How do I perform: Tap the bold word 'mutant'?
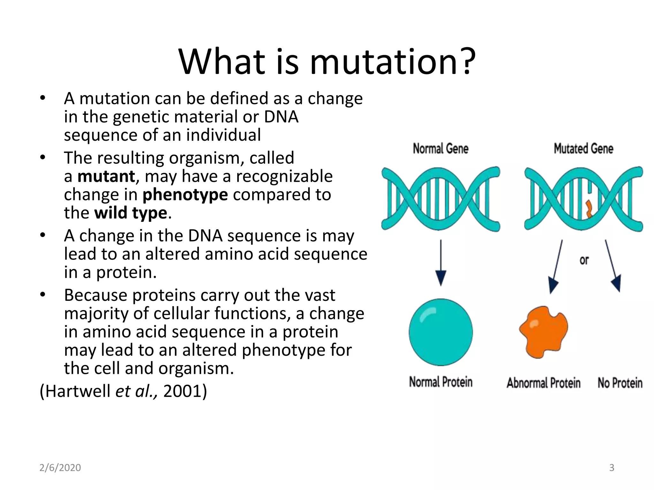click(x=106, y=176)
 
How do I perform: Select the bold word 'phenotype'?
click(x=185, y=195)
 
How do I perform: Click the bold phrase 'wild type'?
click(x=131, y=213)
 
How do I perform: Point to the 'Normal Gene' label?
click(x=440, y=149)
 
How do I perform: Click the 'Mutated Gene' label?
click(x=583, y=149)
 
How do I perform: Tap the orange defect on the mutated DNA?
click(x=589, y=209)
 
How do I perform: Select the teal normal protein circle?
click(x=441, y=332)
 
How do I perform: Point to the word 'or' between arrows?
click(x=584, y=260)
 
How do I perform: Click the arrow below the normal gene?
click(x=441, y=263)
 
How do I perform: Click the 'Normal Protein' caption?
click(x=441, y=382)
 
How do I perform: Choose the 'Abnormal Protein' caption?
click(x=543, y=383)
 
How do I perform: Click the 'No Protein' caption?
click(x=620, y=383)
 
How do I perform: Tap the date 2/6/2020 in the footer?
click(x=60, y=468)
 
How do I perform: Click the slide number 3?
click(x=612, y=468)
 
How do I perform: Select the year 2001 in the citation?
click(x=185, y=391)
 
